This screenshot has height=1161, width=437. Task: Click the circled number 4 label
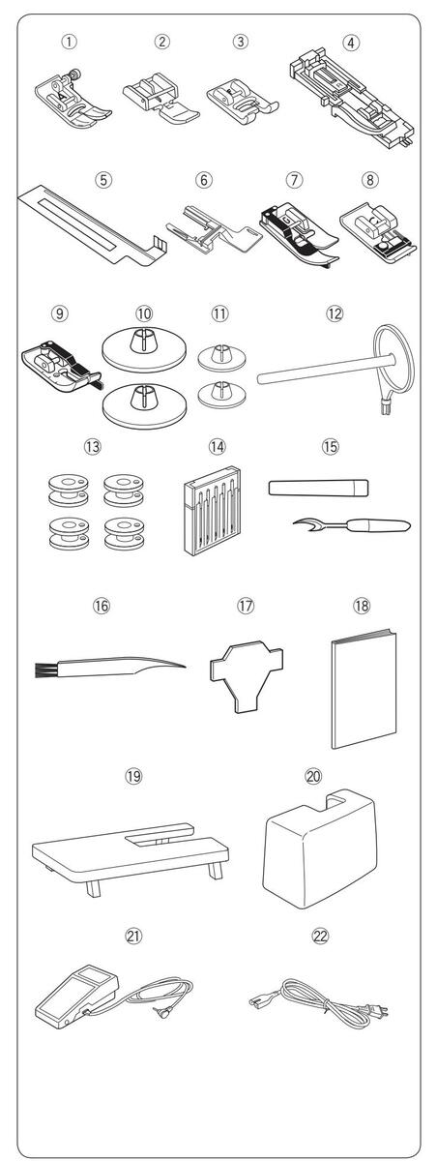click(x=351, y=43)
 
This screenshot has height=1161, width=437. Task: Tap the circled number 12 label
click(x=334, y=313)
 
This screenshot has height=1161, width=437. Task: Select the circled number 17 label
click(x=246, y=605)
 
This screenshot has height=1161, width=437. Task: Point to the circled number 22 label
click(x=321, y=936)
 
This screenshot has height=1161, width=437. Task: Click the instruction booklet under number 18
click(x=364, y=689)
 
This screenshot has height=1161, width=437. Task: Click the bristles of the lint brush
click(x=45, y=670)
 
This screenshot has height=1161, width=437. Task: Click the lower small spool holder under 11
click(x=221, y=396)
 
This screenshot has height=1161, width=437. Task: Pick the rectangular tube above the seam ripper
click(x=318, y=488)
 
